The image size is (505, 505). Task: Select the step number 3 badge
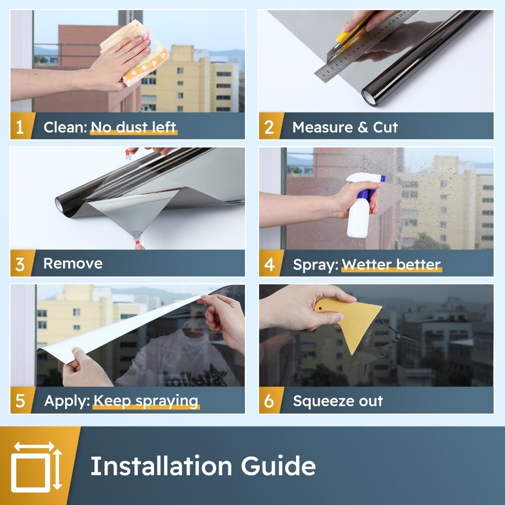21,263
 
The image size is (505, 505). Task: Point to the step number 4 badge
270,263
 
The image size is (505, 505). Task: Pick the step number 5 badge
21,400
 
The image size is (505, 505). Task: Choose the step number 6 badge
270,400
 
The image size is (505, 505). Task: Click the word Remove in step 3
73,264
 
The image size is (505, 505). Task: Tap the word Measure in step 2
323,127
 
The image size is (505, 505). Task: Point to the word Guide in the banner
278,466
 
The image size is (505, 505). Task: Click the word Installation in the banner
161,466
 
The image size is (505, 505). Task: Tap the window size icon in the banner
36,466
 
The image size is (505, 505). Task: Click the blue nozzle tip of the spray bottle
383,178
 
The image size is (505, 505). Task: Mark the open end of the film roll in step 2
370,96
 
